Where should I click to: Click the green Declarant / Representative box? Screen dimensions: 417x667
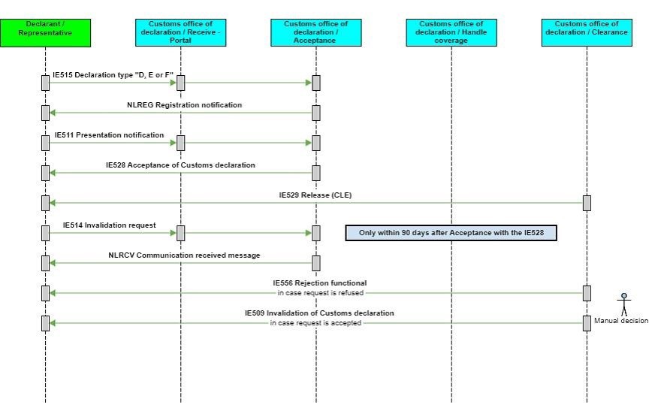[x=45, y=32]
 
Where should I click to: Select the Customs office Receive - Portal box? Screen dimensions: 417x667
[x=180, y=32]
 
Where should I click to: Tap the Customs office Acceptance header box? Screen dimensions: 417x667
[x=315, y=32]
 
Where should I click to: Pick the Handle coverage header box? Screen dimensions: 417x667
[x=451, y=32]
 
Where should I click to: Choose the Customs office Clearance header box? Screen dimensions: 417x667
[x=587, y=32]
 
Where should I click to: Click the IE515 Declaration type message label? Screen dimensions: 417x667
[x=113, y=76]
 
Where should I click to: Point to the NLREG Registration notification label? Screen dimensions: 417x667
[x=184, y=105]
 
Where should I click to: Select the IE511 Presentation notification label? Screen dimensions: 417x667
[x=109, y=135]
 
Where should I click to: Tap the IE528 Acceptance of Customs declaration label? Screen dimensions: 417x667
[x=180, y=165]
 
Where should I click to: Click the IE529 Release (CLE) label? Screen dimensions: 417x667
[x=315, y=195]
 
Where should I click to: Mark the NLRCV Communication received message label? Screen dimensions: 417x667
[x=184, y=255]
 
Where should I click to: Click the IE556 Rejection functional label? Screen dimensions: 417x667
[x=319, y=283]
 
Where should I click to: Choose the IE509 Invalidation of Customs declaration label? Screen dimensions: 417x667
[x=319, y=313]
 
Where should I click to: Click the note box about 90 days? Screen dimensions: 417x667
[x=451, y=233]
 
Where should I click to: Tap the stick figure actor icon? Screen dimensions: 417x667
[x=623, y=304]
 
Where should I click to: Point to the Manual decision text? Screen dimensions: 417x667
[x=620, y=321]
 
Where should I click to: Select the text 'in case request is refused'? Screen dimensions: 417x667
[x=320, y=293]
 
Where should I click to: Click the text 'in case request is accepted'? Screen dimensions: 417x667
[x=316, y=323]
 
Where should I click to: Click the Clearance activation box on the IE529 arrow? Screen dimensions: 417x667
[x=587, y=203]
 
